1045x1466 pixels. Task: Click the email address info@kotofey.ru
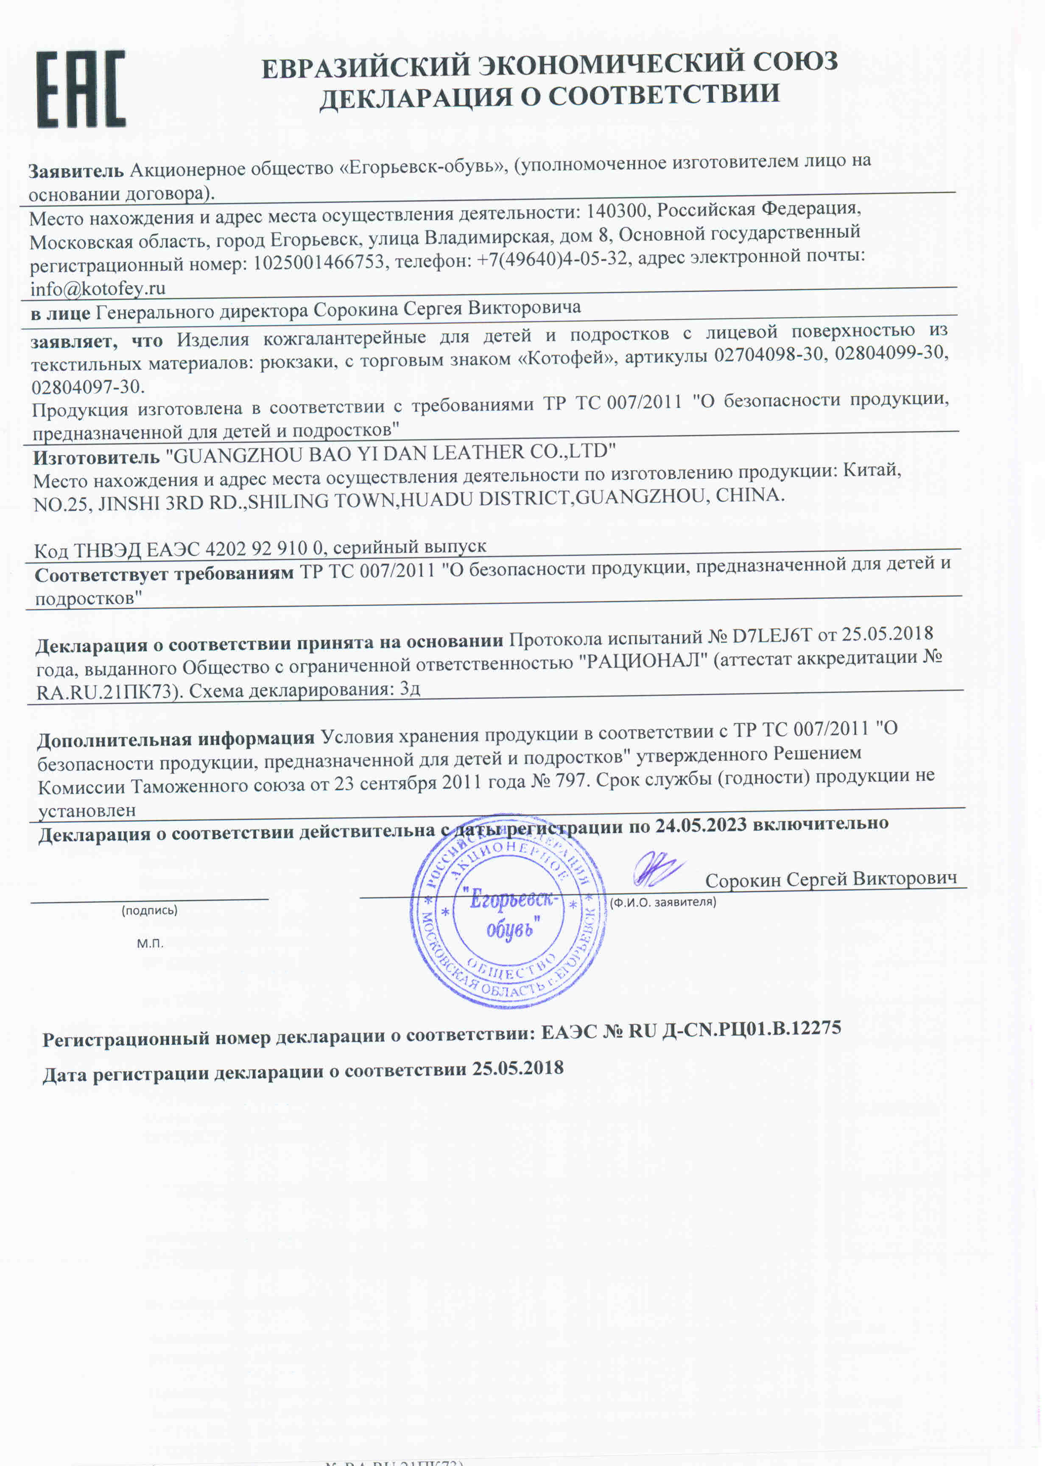tap(98, 288)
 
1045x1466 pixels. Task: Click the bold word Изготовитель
tap(97, 458)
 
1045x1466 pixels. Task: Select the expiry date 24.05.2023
tap(701, 825)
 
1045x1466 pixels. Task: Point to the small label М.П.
tap(150, 943)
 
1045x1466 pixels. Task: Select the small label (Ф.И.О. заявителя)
tap(663, 902)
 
